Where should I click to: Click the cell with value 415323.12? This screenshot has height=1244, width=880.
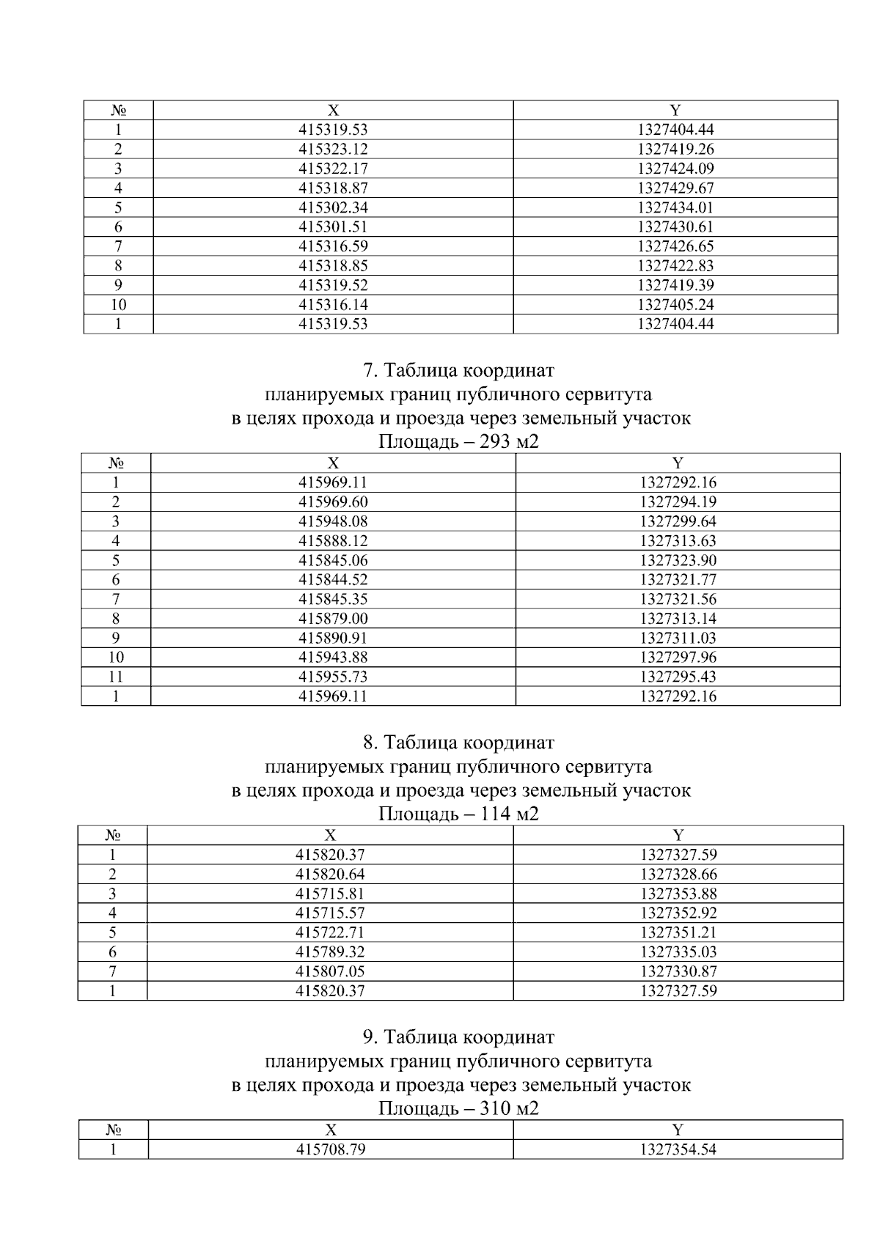[333, 149]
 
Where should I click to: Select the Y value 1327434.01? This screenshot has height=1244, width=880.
[675, 207]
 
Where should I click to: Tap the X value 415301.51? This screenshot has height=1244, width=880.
[333, 227]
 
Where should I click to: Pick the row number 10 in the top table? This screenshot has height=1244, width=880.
[118, 304]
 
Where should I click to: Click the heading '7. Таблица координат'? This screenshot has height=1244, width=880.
[459, 370]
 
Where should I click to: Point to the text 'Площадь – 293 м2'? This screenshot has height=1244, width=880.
[459, 442]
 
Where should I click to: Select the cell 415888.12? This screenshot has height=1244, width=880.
[333, 541]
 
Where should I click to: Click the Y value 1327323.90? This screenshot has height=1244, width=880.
[678, 560]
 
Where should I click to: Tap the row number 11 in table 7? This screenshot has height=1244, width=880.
[116, 677]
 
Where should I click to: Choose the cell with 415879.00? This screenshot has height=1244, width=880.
[333, 619]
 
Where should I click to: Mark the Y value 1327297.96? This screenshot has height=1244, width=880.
[678, 658]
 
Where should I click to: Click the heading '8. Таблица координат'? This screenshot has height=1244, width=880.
[459, 743]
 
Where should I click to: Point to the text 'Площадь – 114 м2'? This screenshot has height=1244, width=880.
[459, 814]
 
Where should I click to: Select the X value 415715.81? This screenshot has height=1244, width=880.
[330, 894]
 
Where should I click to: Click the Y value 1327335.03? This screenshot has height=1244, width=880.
[678, 952]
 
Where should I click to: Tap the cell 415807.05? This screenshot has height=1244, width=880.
[330, 971]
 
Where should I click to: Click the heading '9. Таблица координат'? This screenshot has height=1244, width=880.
[459, 1037]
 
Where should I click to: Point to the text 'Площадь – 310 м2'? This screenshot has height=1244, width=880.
[459, 1108]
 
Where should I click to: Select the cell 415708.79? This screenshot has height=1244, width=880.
[331, 1149]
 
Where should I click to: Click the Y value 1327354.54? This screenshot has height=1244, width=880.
[678, 1149]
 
